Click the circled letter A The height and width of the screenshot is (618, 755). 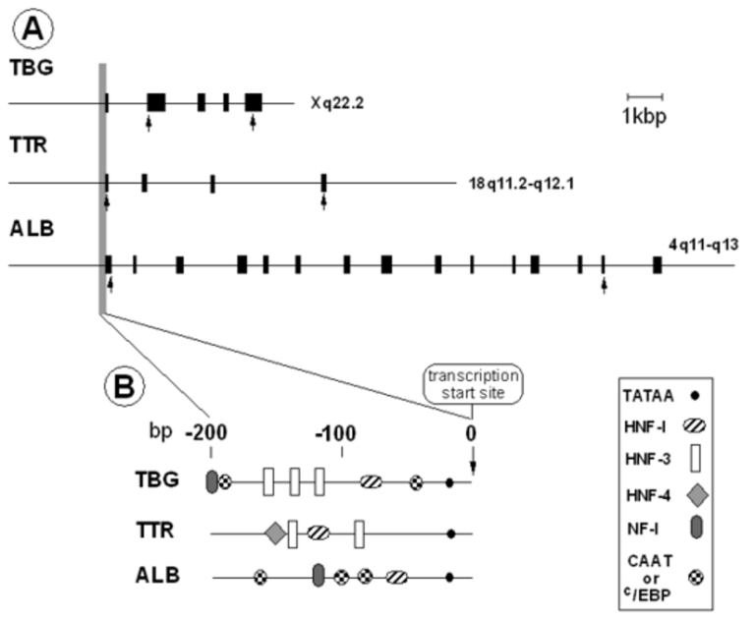tap(32, 29)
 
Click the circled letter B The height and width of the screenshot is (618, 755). tap(124, 387)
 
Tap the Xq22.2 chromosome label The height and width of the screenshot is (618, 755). tap(336, 103)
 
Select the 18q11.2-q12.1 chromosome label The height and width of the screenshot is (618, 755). tap(521, 184)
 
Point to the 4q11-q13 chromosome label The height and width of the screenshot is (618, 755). tap(703, 245)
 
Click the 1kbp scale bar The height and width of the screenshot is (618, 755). tap(645, 97)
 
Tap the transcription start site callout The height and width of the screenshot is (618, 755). tap(473, 385)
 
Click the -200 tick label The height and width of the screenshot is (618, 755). tap(206, 433)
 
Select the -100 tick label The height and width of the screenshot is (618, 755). tap(335, 433)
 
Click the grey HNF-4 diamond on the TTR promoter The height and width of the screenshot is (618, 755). tap(276, 534)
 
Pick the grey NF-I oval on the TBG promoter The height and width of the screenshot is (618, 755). tap(211, 481)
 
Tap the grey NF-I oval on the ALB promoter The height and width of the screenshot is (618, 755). tap(318, 575)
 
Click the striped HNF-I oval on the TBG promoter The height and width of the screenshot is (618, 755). tap(372, 481)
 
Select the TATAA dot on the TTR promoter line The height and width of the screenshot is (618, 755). tap(451, 534)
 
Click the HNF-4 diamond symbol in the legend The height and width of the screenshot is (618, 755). tap(696, 496)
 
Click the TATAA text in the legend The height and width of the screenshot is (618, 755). tap(648, 396)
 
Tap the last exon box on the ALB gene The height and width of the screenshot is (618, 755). tap(658, 265)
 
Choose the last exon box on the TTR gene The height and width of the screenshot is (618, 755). tap(324, 184)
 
